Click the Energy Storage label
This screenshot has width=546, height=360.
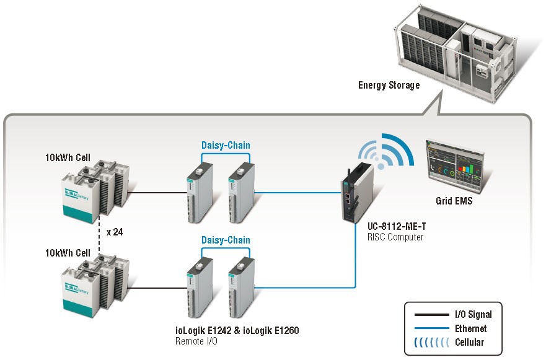[389, 86]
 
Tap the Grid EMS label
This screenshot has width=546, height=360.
[454, 201]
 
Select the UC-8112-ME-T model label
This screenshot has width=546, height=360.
[395, 227]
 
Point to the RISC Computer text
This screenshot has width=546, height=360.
[395, 237]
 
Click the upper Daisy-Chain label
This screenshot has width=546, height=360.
[226, 146]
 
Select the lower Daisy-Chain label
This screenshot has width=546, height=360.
[226, 240]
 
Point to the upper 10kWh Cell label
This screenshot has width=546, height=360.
[68, 157]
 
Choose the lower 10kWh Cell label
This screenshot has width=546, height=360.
[68, 253]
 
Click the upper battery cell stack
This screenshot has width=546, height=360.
[95, 189]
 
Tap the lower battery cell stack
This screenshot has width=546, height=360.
[95, 284]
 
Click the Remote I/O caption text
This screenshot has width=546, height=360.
[198, 341]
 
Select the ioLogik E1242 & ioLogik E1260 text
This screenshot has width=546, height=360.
[237, 331]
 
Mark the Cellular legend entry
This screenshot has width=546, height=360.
[470, 342]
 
